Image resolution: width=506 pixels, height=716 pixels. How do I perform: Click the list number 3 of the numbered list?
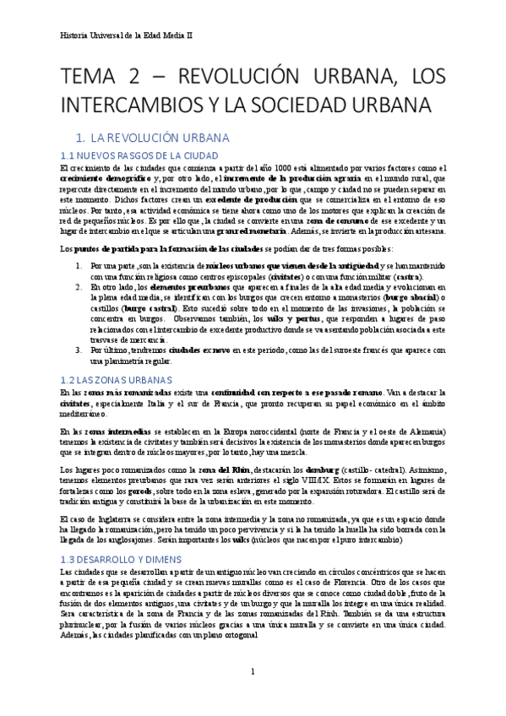78,349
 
